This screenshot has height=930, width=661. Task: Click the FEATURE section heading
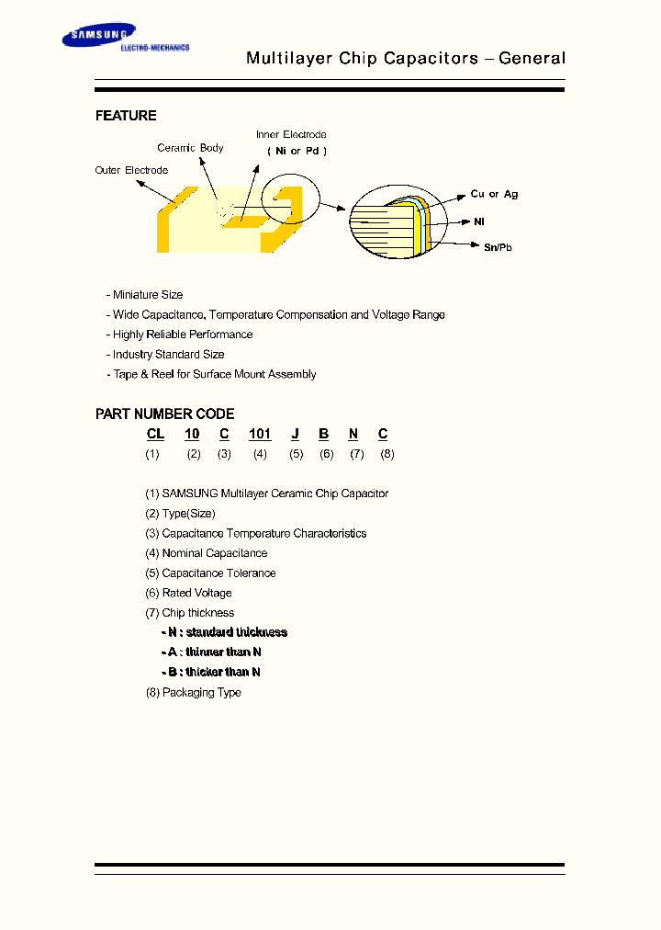[126, 116]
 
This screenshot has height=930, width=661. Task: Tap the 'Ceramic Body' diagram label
[190, 148]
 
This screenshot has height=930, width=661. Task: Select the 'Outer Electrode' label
[131, 170]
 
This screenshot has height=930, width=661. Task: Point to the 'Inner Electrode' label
[291, 135]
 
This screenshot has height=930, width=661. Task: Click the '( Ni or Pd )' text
[297, 151]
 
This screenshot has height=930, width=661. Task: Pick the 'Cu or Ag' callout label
[494, 195]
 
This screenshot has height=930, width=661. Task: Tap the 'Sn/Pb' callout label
[498, 247]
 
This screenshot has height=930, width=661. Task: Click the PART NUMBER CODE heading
[164, 414]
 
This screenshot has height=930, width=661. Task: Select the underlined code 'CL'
[155, 434]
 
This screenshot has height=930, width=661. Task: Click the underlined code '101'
[260, 434]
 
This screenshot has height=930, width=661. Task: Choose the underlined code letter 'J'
[296, 434]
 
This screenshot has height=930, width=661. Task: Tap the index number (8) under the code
[387, 454]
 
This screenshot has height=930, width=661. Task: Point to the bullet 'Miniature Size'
[147, 295]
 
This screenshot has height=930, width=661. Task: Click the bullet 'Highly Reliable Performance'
[182, 335]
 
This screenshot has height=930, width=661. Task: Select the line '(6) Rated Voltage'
[188, 593]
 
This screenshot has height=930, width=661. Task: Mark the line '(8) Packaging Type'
[193, 692]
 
